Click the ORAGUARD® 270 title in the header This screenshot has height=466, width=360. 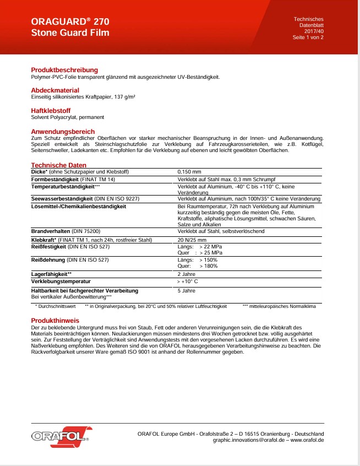(70, 22)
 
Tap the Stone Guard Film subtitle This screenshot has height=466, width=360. (70, 33)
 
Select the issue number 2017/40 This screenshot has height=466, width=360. (313, 32)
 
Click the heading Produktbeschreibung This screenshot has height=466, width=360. (64, 70)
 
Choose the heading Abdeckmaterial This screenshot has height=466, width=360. (55, 90)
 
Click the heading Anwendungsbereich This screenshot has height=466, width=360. (63, 132)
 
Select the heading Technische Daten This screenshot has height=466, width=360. (58, 165)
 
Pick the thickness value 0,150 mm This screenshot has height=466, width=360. (189, 172)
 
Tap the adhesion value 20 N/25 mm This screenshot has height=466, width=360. (192, 240)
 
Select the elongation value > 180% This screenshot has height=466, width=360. (208, 266)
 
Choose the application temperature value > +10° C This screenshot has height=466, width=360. (187, 281)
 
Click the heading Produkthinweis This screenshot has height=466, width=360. (55, 320)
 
